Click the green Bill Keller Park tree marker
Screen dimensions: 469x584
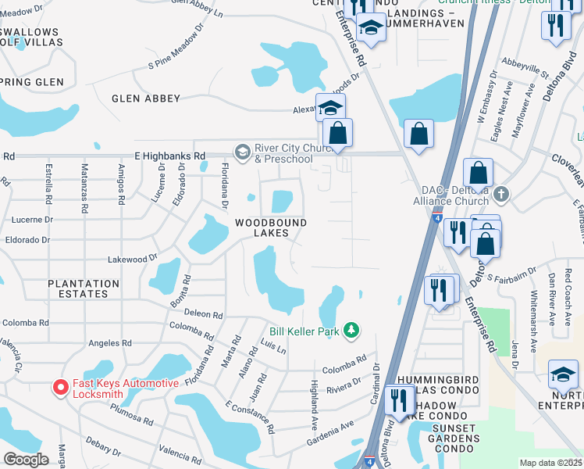click(x=352, y=331)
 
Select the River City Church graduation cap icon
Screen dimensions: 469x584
click(x=242, y=150)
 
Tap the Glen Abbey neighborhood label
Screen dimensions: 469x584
click(x=146, y=98)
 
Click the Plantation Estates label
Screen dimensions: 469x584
click(x=84, y=288)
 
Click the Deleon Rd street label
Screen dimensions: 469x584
click(x=204, y=314)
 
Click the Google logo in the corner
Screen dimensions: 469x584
click(x=26, y=459)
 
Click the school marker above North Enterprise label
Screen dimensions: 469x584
click(x=563, y=374)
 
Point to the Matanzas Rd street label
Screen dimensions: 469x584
click(x=84, y=184)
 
